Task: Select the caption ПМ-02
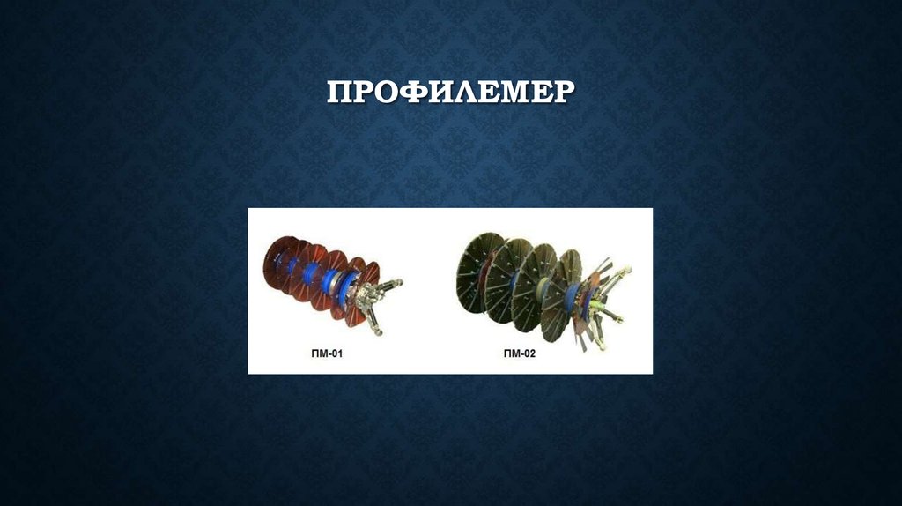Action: [x=519, y=353]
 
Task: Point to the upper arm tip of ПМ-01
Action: [x=398, y=283]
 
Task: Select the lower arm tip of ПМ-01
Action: [x=379, y=331]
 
